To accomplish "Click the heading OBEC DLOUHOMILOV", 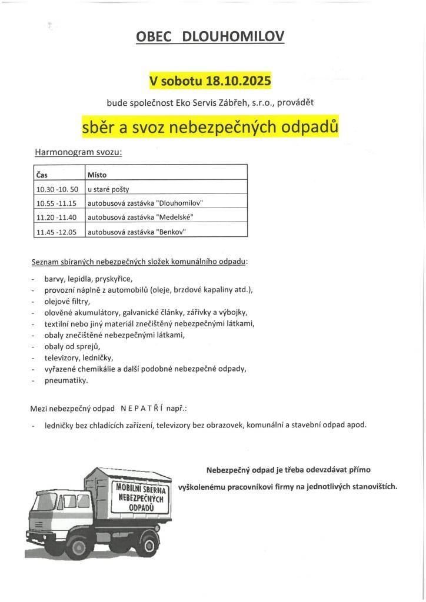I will coord(210,37).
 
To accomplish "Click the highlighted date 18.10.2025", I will coord(238,81).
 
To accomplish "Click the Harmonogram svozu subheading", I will coord(78,152).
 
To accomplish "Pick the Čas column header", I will coord(42,175).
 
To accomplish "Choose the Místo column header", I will coord(97,175).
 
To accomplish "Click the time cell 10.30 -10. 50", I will coord(57,189).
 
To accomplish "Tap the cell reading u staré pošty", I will coord(108,189).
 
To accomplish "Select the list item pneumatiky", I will coord(66,380).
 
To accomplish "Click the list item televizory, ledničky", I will coord(78,357).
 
